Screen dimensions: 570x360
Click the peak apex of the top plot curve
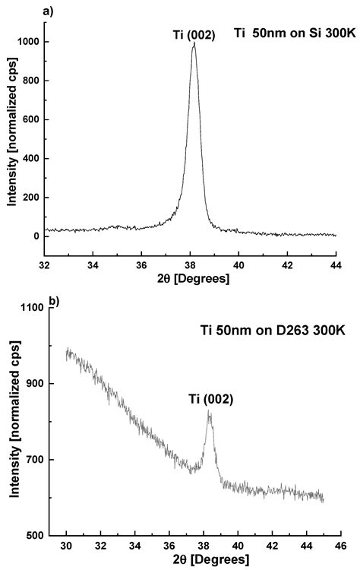[x=194, y=43]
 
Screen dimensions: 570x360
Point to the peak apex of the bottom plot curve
[x=209, y=411]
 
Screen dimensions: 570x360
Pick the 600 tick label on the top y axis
[x=30, y=119]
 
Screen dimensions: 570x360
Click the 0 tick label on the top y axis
[x=36, y=236]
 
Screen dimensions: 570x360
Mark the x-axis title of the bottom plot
[x=203, y=561]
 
